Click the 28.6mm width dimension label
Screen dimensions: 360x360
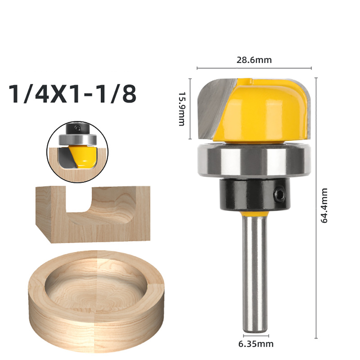[254, 60]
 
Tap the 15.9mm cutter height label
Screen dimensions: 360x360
[182, 109]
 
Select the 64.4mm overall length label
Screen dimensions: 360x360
[324, 206]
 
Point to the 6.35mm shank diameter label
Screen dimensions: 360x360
[256, 344]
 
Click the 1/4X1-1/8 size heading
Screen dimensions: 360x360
[73, 94]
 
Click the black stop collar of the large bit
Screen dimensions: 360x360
[255, 195]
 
